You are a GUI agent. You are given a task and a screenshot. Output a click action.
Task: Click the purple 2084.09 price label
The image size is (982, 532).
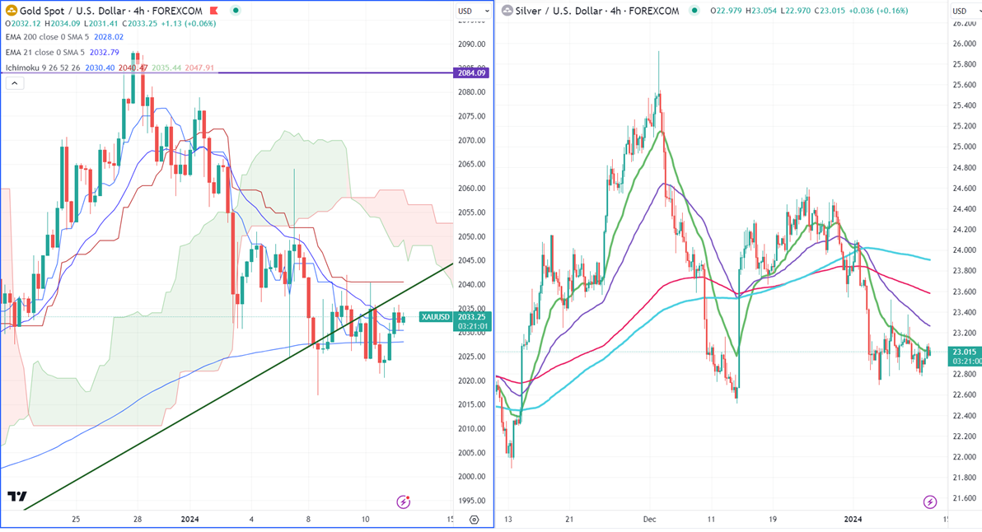473,73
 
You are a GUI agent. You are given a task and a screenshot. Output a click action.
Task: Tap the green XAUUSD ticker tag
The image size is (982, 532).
435,317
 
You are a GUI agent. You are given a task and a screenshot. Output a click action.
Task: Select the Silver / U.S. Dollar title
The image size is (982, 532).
596,11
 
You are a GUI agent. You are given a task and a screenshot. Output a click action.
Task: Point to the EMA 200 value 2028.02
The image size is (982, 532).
108,37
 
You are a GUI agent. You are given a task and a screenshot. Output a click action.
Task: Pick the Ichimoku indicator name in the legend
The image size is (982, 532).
25,67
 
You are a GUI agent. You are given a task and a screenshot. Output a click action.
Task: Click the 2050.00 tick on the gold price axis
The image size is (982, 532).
472,237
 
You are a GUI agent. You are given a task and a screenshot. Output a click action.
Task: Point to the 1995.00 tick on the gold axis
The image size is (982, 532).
472,500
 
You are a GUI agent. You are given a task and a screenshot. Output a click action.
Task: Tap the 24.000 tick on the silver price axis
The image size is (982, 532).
963,250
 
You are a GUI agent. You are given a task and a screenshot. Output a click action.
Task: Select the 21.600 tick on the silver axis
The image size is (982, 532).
963,498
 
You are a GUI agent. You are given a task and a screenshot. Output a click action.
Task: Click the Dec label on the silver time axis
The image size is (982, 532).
649,520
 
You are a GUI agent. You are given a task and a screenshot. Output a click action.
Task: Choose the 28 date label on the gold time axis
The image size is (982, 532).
138,520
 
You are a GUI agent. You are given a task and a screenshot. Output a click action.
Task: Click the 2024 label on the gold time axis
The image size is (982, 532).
189,520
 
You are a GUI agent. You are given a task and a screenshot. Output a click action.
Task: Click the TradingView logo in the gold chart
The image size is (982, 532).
16,497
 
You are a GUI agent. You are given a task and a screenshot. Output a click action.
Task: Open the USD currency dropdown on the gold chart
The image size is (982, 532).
469,11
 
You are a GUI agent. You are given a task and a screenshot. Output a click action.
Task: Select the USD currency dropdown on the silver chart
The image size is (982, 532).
963,11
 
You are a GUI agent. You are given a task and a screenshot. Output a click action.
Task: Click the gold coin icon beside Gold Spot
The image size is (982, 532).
10,11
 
